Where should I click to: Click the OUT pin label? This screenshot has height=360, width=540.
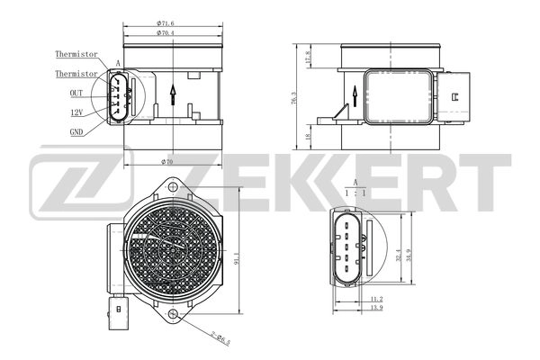coord(76,92)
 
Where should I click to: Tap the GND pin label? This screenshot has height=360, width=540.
coord(77,130)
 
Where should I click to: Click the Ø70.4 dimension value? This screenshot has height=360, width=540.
coord(165,32)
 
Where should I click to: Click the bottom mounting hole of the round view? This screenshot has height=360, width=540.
coord(172,314)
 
